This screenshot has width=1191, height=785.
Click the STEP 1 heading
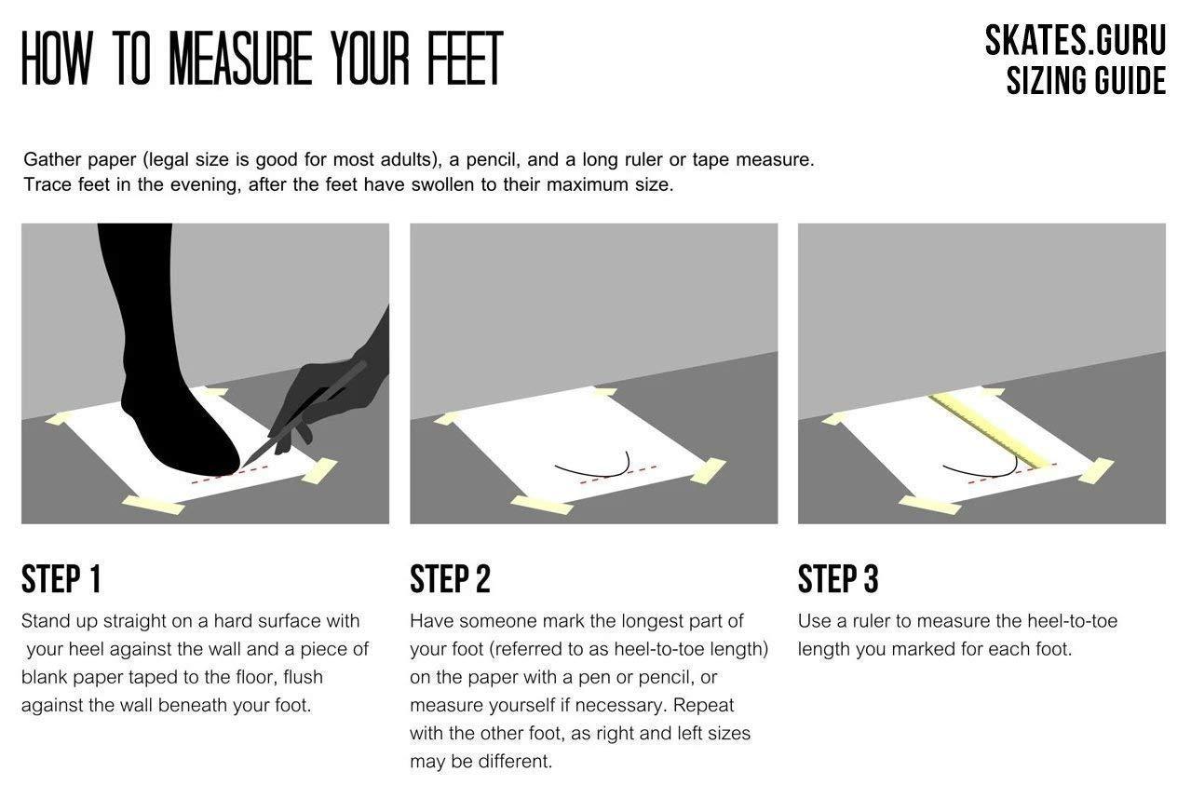click(x=61, y=579)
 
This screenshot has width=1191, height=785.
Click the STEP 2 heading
click(x=450, y=579)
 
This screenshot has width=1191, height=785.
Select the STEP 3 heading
click(x=838, y=579)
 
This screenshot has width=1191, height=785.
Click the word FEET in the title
click(x=466, y=58)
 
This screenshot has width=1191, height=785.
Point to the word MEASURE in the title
click(x=240, y=58)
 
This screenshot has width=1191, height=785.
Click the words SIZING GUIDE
click(x=1087, y=81)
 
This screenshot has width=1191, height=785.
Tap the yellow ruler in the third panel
click(x=992, y=432)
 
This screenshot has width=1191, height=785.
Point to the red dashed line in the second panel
click(x=617, y=475)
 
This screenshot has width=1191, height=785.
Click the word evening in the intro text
click(x=203, y=185)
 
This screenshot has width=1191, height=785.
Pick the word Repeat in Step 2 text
click(x=703, y=706)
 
